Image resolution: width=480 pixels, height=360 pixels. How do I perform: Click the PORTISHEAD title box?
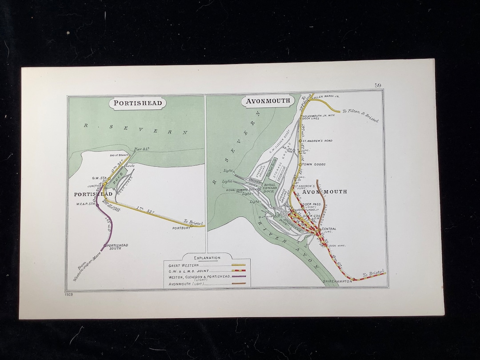[x=138, y=104]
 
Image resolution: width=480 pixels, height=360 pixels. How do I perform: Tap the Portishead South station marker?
[x=105, y=245]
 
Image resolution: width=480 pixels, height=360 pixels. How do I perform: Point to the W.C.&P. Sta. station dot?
[x=98, y=205]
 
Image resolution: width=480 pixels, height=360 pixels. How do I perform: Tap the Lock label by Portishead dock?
[x=130, y=165]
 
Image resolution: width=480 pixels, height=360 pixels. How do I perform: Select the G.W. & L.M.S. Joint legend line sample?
[x=238, y=271]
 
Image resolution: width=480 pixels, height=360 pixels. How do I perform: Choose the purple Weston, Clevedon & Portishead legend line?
[x=238, y=277]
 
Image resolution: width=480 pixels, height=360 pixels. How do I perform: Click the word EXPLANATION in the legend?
[x=207, y=257]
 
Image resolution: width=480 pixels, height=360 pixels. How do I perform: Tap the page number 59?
[x=377, y=85]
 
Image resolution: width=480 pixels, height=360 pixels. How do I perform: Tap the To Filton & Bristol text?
[x=360, y=116]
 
